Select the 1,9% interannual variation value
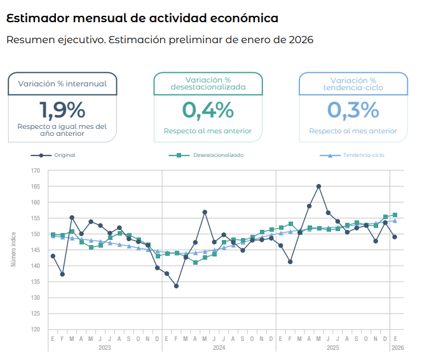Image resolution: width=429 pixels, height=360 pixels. point(62,110)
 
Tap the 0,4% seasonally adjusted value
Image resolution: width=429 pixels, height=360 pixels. point(208,110)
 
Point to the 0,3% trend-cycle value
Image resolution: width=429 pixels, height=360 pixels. point(353,110)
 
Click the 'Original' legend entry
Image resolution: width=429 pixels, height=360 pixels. point(64,155)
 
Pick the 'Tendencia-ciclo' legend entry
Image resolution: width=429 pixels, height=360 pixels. point(363,155)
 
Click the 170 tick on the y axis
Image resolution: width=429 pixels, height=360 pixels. point(35,171)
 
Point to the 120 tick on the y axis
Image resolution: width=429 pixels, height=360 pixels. point(35,330)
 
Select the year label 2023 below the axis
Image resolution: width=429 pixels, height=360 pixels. point(105,348)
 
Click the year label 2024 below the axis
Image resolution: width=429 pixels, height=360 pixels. point(219,348)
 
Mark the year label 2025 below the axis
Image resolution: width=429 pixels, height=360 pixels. point(332,348)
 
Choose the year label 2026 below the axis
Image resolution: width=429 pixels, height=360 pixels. point(397,348)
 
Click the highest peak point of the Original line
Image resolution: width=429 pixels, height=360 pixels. point(318,186)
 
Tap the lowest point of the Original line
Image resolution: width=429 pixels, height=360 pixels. point(176,286)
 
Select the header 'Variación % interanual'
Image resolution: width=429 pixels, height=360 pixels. point(62,83)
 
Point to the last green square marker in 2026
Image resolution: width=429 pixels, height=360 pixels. point(395,215)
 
